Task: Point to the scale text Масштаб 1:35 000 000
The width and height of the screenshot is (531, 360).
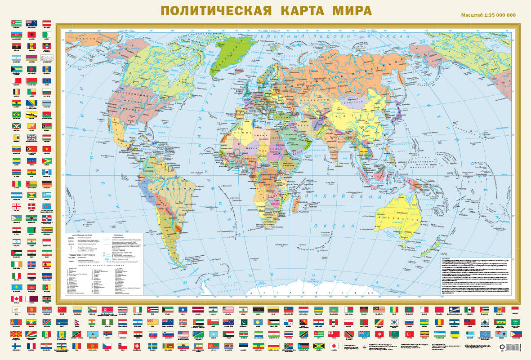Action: click(488, 15)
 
